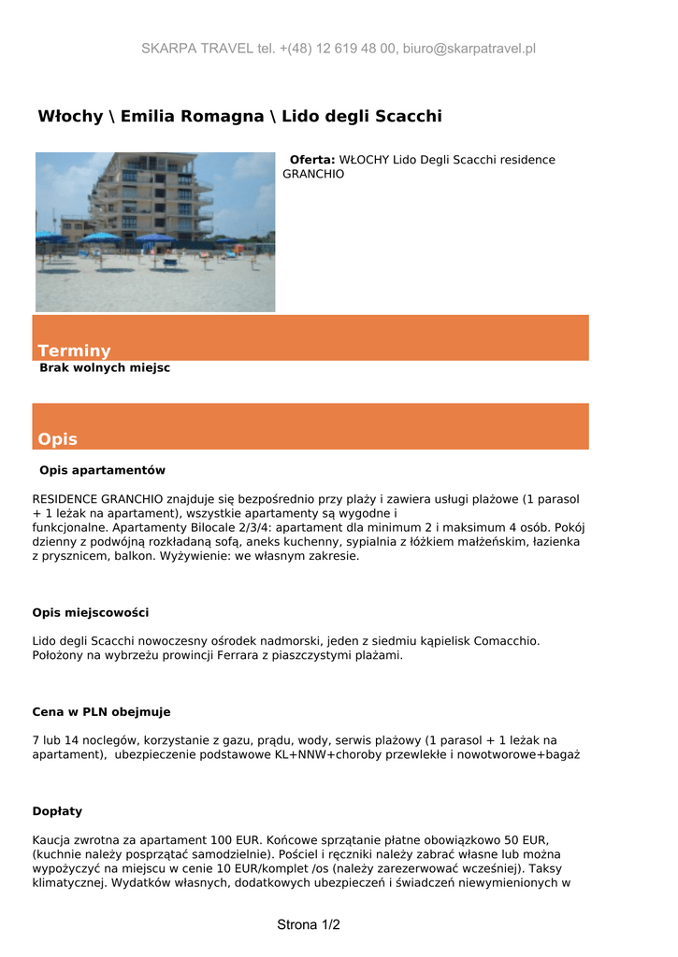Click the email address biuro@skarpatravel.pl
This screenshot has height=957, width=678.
[x=469, y=49]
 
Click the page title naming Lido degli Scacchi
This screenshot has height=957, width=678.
[x=239, y=116]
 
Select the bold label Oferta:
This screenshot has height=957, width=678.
[x=312, y=160]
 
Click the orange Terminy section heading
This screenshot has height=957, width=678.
[x=74, y=350]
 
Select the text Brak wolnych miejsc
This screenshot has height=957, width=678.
[x=105, y=368]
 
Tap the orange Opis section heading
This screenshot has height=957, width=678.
[x=58, y=439]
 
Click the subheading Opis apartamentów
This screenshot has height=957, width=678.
[x=102, y=470]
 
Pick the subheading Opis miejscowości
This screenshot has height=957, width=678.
[x=91, y=613]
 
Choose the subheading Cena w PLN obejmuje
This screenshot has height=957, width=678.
[x=102, y=712]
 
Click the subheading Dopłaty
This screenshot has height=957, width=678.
[x=57, y=811]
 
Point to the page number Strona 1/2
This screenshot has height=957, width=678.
[x=309, y=925]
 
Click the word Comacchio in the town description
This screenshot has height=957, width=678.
[x=507, y=641]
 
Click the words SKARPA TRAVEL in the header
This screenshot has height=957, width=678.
[x=197, y=49]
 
